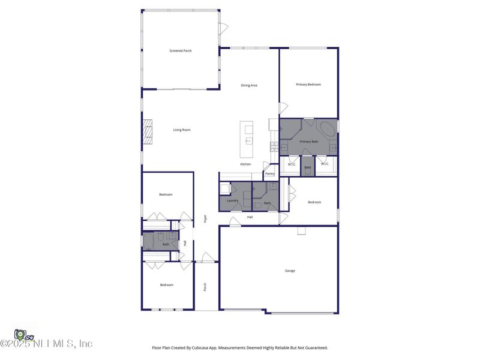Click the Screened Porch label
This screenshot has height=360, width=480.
pos(180,51)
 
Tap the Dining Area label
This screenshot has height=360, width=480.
pos(249,85)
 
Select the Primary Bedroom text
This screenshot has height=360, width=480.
pos(308,85)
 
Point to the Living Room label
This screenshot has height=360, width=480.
pos(182,130)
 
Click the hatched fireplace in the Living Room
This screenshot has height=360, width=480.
pos(148,132)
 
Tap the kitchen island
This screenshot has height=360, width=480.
pos(246,139)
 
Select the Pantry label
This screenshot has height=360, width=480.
pos(270,174)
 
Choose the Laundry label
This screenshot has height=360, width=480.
pos(233,200)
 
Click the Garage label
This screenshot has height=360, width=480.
pos(290,271)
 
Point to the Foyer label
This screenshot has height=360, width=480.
pos(205,219)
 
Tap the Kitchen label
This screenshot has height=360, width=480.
pos(245,164)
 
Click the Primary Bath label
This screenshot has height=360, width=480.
pos(309,141)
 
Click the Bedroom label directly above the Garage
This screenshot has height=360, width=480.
pos(314,202)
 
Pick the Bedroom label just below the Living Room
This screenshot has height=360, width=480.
pos(166,194)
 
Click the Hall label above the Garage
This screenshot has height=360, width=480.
pos(250,217)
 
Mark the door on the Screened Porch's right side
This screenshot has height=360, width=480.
pos(223,28)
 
